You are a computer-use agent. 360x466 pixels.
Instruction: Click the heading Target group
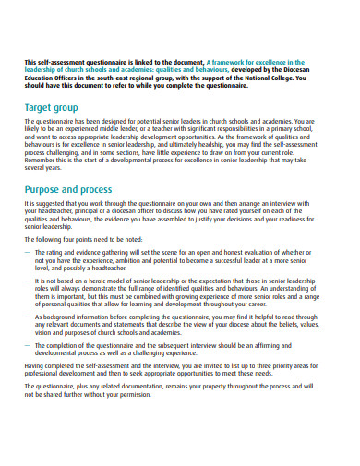click(x=53, y=108)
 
